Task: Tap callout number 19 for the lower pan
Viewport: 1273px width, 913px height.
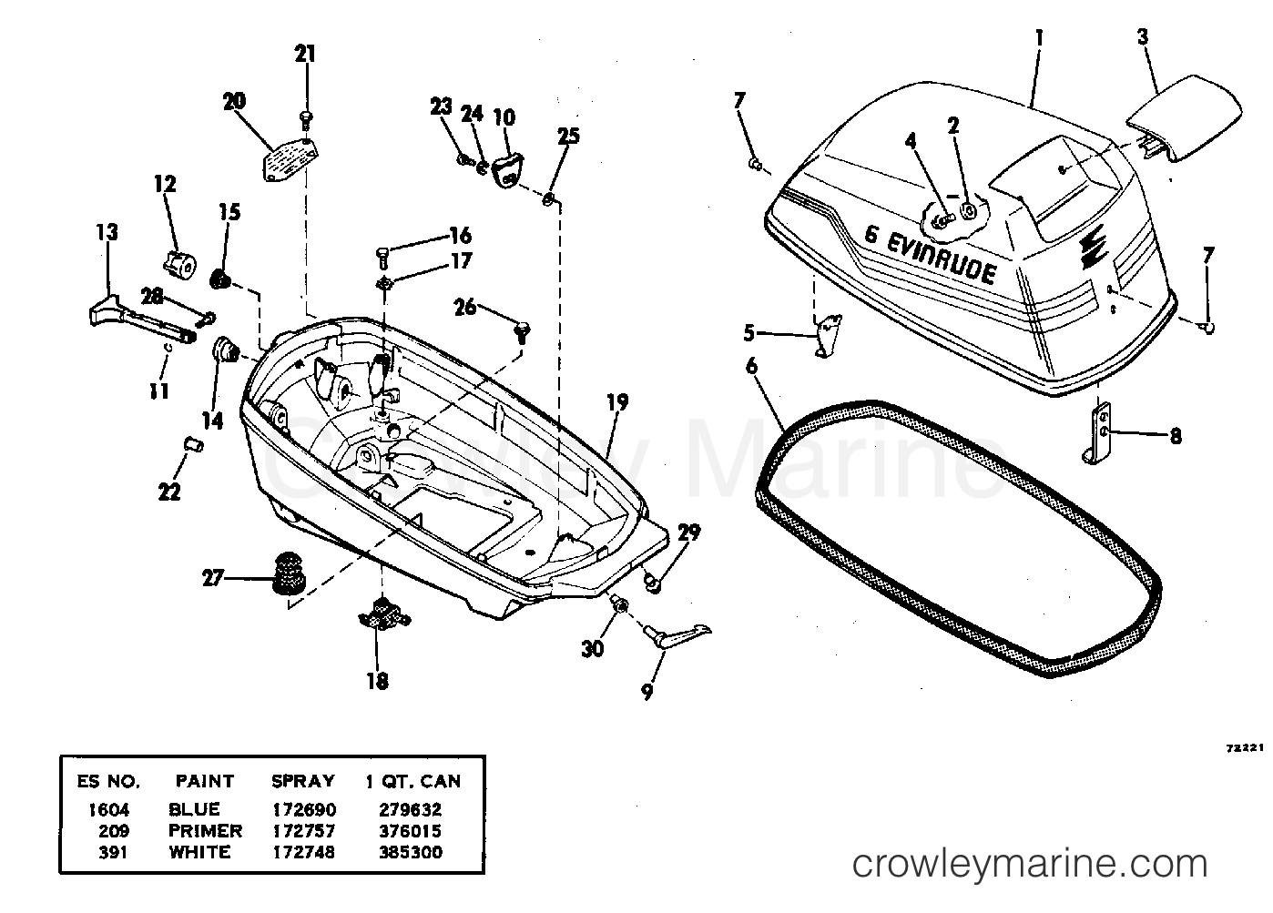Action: [617, 402]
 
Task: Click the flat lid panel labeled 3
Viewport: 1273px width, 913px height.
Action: [1184, 126]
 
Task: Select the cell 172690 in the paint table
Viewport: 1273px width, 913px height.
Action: [303, 809]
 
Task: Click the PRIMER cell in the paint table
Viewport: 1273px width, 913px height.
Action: [205, 831]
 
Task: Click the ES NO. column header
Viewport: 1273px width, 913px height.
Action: [107, 782]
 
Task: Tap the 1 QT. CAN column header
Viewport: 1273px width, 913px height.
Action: [413, 782]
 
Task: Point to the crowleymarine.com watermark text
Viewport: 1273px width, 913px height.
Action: [1029, 862]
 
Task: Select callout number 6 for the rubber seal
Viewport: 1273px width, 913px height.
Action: [751, 366]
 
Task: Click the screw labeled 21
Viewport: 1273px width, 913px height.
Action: [307, 116]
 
